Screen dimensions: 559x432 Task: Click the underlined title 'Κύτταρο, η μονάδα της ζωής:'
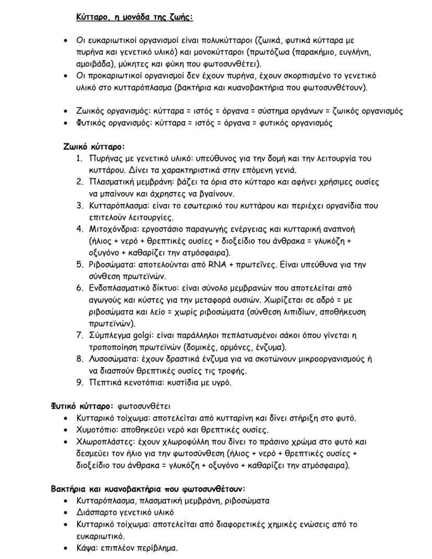[x=135, y=17]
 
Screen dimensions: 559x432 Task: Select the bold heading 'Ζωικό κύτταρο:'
[x=94, y=147]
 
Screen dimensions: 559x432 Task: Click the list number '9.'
[x=80, y=382]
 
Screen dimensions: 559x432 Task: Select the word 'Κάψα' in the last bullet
[x=86, y=548]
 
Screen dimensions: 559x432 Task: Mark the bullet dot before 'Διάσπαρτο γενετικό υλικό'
[x=65, y=513]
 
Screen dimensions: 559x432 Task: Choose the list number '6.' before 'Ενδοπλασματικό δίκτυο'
[x=80, y=288]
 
